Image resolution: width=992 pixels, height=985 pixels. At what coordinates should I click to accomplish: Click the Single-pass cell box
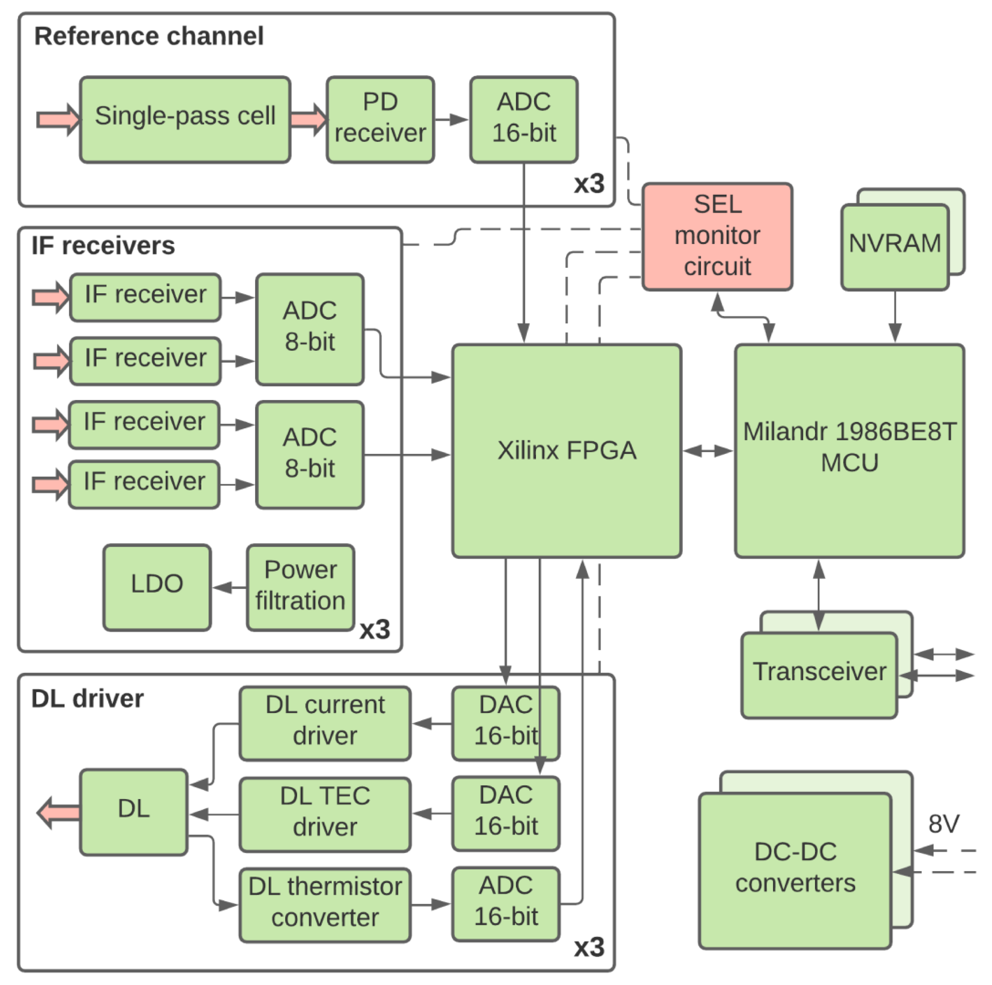(185, 120)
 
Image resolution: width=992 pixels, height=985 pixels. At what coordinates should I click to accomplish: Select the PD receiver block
(380, 120)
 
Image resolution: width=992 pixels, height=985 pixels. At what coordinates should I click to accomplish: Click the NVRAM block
(894, 246)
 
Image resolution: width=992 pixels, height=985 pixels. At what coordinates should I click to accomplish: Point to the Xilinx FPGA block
(566, 450)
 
